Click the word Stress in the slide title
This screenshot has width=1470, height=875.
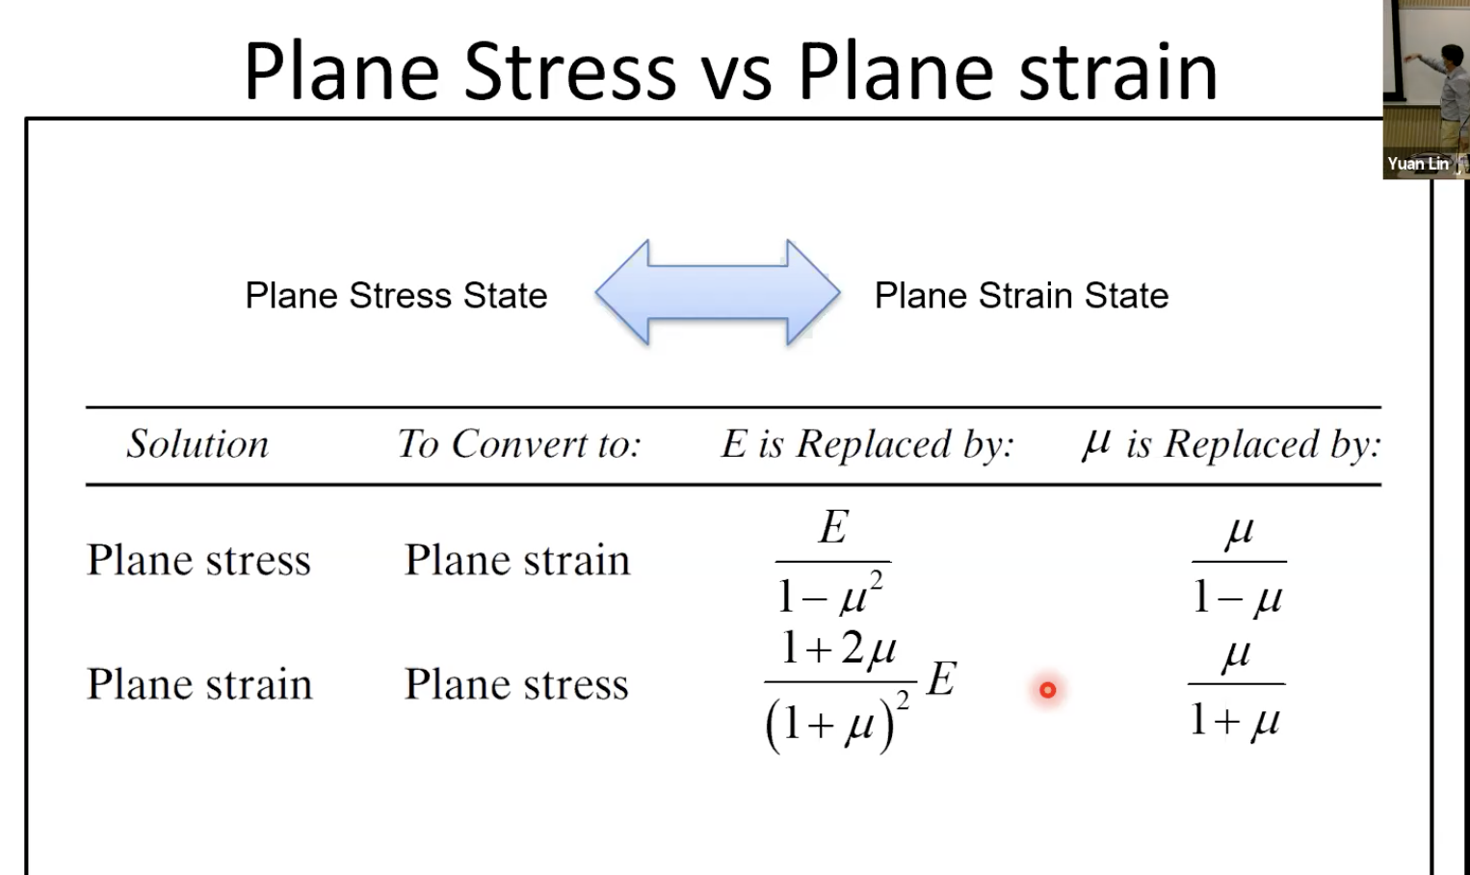click(569, 71)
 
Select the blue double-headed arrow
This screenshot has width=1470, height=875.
click(718, 292)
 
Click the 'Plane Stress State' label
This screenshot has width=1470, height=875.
click(396, 296)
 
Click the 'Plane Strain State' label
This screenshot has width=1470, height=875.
click(1021, 296)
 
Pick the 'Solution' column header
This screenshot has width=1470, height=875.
click(197, 444)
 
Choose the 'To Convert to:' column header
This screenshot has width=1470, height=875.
click(519, 444)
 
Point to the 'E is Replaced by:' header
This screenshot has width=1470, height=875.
click(867, 444)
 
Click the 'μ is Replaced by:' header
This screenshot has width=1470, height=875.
click(1232, 444)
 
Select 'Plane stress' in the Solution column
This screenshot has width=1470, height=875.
click(199, 560)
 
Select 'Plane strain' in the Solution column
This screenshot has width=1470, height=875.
click(199, 684)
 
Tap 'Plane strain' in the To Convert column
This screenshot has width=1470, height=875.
click(517, 560)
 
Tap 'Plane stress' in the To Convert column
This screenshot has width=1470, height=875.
click(516, 684)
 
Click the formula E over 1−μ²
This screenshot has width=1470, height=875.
click(832, 562)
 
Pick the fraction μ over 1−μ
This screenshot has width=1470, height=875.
click(1239, 564)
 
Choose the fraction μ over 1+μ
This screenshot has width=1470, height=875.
click(1236, 686)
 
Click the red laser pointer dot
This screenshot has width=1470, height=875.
click(1048, 690)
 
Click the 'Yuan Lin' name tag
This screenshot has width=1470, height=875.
click(1418, 164)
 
